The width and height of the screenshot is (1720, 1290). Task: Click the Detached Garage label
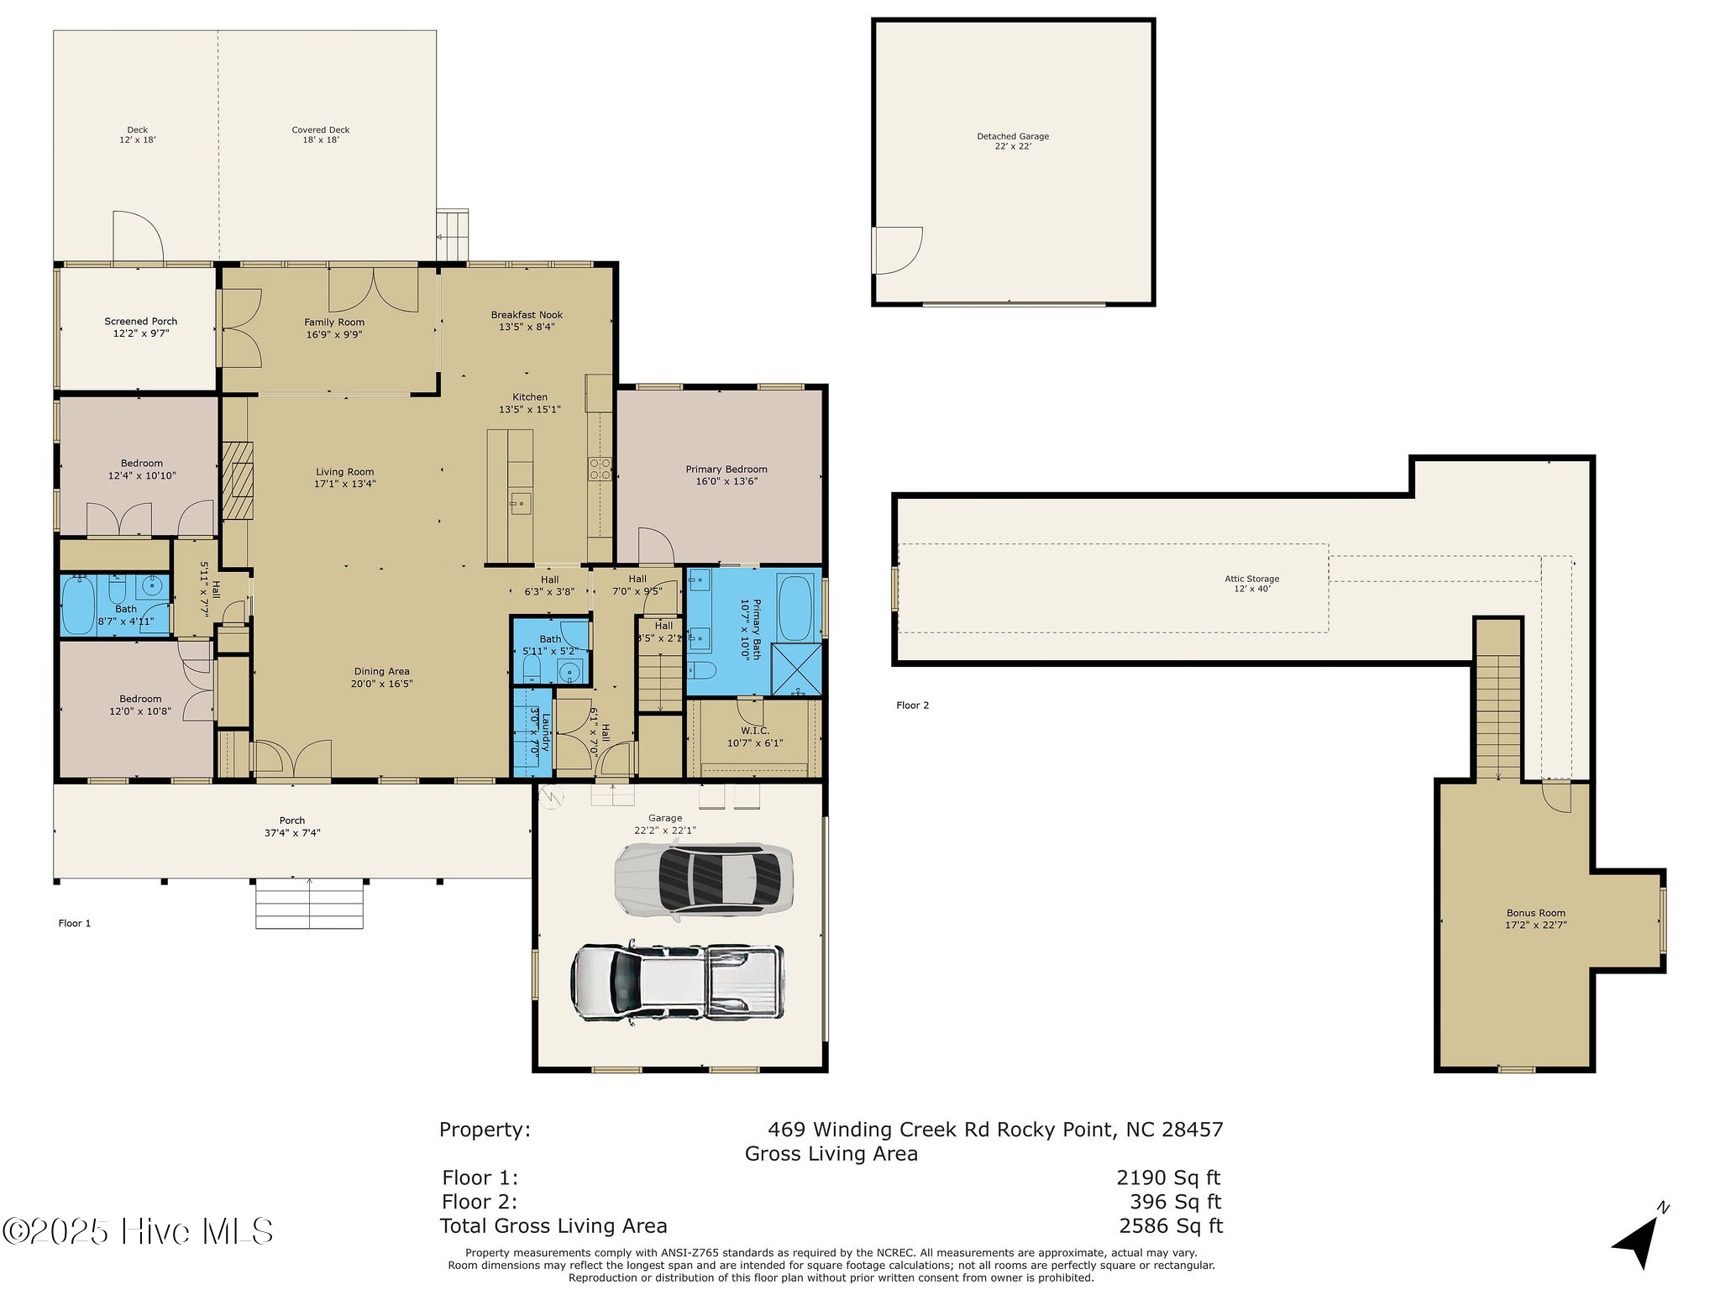[1012, 136]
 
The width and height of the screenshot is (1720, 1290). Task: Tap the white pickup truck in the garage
[677, 982]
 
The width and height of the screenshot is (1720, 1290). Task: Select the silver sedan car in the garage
[704, 880]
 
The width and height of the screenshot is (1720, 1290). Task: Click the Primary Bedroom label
[726, 469]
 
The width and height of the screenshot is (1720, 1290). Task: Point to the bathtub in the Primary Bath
[794, 607]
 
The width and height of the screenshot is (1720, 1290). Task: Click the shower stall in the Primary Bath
[795, 669]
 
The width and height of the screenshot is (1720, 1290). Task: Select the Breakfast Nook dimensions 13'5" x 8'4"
[527, 327]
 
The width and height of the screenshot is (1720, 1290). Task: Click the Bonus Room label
[1535, 913]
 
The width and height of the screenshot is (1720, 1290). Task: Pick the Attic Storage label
[1251, 579]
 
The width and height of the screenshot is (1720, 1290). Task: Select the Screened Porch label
[140, 321]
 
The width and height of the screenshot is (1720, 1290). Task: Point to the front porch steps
[309, 903]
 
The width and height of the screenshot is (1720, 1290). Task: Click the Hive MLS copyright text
[138, 1231]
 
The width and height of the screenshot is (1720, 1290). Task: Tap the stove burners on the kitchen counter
[600, 469]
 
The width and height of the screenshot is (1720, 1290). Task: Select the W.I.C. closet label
[754, 731]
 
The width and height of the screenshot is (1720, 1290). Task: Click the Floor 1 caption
[74, 923]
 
